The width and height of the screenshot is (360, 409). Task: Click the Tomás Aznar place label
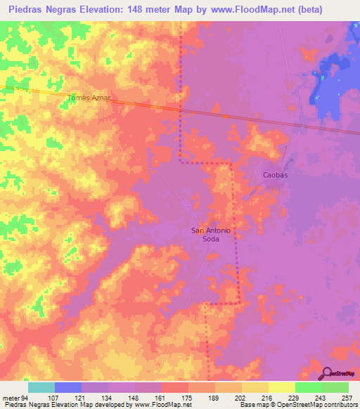coord(89,97)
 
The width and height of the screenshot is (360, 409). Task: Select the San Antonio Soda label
coord(212,235)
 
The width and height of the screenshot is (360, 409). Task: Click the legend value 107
coord(51,397)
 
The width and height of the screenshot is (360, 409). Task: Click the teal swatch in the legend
coord(41,387)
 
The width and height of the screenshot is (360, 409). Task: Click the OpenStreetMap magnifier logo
coord(326,373)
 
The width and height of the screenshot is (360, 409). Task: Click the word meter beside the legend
coord(11,397)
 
